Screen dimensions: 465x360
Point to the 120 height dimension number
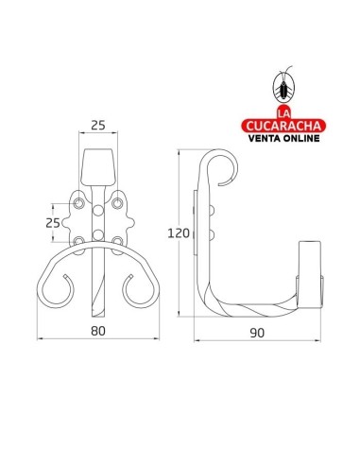click(180, 232)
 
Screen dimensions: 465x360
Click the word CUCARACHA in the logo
click(282, 123)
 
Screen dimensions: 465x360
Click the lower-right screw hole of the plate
click(117, 239)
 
